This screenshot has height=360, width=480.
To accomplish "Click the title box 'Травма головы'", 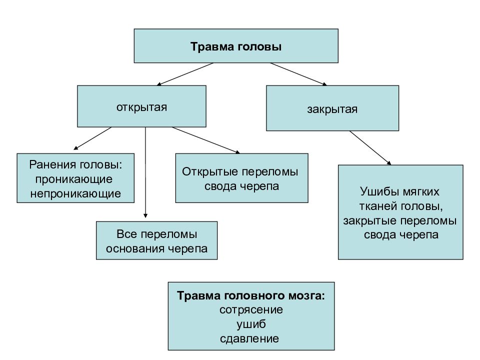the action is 236,46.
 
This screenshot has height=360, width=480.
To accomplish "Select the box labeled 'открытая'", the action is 141,106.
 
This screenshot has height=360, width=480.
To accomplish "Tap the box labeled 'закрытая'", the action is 332,108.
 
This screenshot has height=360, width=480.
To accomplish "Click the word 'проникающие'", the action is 74,179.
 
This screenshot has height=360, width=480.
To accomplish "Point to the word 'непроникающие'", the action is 75,194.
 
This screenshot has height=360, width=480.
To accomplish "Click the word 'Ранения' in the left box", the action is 52,164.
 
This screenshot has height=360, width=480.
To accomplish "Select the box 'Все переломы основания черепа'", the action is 156,240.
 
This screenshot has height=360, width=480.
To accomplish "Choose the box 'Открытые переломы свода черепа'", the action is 241,178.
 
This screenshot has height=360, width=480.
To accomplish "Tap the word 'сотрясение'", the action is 251,310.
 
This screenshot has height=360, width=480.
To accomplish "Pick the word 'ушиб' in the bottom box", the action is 251,324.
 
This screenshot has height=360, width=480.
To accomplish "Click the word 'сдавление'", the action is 249,338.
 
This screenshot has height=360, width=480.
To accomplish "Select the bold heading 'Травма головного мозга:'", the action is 250,295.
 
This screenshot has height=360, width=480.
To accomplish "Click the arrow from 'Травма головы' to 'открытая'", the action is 185,74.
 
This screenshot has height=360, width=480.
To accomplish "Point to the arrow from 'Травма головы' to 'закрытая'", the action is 298,74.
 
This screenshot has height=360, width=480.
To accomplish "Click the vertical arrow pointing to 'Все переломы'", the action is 145,172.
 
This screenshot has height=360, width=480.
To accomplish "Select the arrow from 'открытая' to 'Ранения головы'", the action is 92,138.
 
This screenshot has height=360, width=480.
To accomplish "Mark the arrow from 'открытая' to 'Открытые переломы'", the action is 205,140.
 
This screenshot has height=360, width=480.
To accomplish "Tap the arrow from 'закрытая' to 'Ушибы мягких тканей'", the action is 370,148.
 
